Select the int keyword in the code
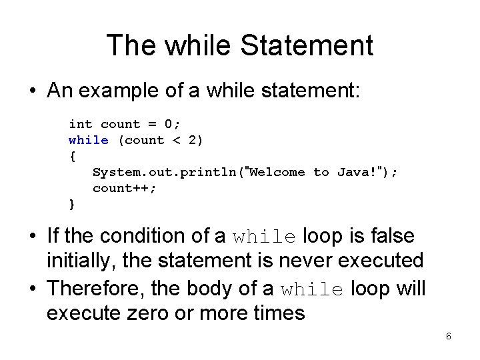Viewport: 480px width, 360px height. [81, 124]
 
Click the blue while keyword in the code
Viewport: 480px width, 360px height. [89, 140]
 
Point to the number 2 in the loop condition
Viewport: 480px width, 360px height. [193, 140]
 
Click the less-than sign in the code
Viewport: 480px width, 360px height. [177, 140]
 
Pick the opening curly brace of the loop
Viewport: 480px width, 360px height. [73, 156]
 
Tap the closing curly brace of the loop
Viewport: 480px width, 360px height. [73, 204]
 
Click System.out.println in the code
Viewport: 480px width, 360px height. [165, 172]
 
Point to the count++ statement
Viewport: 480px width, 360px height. [125, 188]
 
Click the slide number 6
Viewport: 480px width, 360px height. [449, 337]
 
